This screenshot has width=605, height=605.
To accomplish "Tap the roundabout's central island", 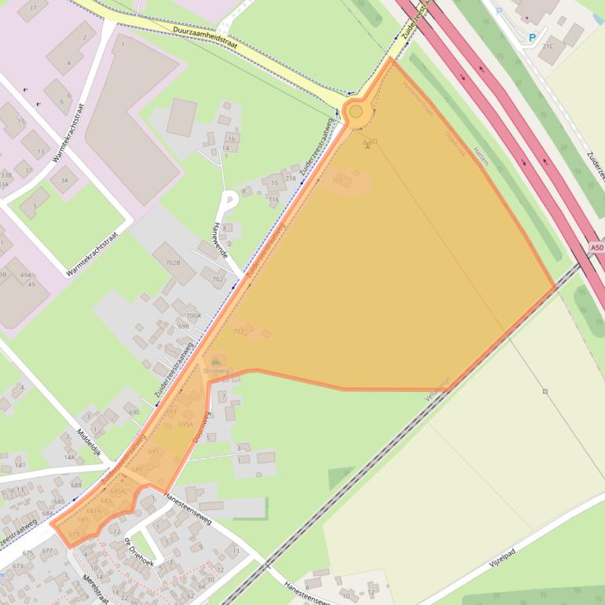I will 356,112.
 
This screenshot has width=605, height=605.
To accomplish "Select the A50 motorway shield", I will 596,248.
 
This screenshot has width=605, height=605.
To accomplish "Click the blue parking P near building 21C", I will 532,37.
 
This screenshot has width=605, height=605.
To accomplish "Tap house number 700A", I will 192,315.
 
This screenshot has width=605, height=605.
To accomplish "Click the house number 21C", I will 548,46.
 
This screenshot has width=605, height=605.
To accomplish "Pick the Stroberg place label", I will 215,369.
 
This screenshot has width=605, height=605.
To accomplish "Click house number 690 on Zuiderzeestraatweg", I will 134,412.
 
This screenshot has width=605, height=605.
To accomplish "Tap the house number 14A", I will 69,456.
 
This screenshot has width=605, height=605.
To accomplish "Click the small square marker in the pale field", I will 544,390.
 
